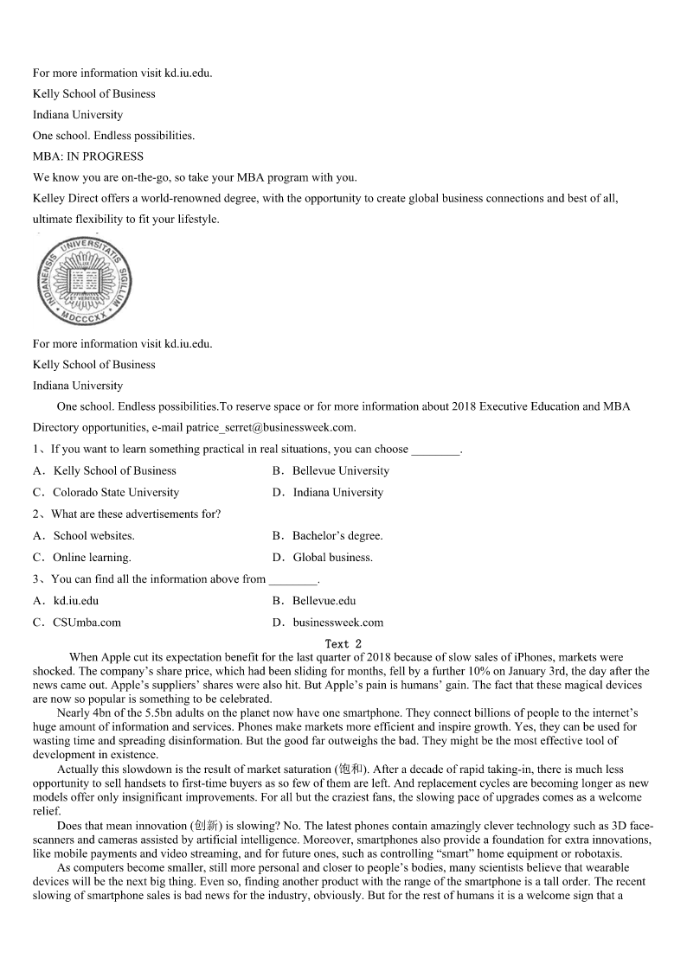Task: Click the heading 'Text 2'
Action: [x=343, y=644]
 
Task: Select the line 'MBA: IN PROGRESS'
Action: [x=88, y=157]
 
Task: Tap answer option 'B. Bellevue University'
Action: [x=331, y=471]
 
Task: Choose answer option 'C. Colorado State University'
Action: [x=106, y=493]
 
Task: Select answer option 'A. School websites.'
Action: [x=84, y=536]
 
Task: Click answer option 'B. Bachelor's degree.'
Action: [x=327, y=536]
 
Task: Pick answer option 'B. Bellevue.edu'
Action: [x=313, y=601]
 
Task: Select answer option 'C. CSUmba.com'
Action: [x=77, y=623]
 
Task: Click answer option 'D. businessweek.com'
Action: [x=327, y=623]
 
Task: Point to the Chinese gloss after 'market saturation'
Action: [x=350, y=770]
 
